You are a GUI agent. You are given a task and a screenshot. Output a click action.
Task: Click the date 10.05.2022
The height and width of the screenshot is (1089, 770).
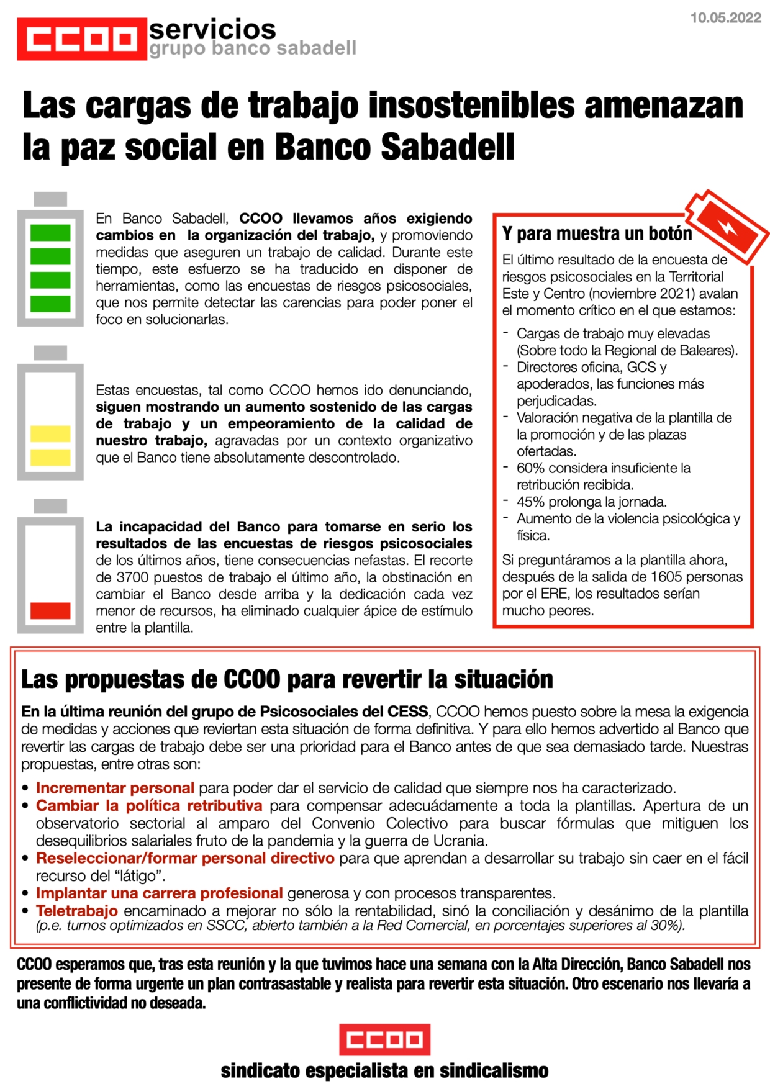(725, 18)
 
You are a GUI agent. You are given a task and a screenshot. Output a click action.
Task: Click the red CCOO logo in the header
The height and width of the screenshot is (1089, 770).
(82, 39)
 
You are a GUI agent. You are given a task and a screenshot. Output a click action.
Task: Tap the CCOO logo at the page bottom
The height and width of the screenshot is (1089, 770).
(384, 1039)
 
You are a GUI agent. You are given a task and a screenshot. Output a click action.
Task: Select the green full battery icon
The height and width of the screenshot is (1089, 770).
(50, 260)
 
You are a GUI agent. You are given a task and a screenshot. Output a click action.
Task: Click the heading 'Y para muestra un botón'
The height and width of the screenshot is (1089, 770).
(597, 234)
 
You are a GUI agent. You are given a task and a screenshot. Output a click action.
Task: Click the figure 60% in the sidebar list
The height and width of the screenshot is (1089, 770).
(530, 468)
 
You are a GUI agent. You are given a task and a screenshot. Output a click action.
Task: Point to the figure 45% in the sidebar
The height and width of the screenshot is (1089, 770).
(530, 502)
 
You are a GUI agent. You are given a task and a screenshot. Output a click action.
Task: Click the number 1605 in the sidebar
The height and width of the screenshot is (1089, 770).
(667, 577)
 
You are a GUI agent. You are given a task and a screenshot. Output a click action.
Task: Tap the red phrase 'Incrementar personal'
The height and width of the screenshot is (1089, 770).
(115, 788)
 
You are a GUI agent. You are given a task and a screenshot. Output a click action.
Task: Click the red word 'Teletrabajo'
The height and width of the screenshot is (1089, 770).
(77, 911)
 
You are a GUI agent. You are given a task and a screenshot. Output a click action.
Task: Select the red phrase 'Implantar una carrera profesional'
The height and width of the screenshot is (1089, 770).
(159, 893)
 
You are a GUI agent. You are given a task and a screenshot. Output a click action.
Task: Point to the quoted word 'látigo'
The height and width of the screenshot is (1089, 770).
(142, 876)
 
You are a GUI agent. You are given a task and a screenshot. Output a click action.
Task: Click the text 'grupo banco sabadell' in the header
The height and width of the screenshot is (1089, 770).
(253, 48)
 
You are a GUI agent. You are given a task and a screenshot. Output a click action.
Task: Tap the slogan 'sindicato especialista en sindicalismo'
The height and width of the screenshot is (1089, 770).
(384, 1071)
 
